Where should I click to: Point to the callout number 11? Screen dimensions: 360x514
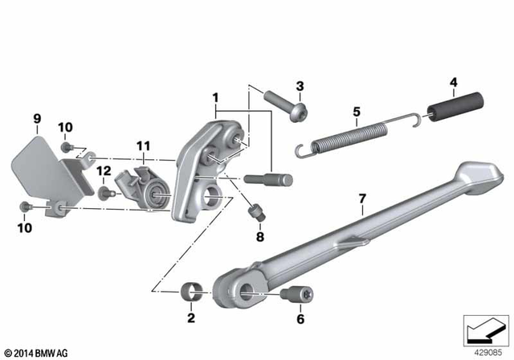(x=142, y=146)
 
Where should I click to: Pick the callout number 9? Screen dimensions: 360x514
(x=36, y=121)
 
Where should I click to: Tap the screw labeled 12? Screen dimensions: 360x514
(x=104, y=193)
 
